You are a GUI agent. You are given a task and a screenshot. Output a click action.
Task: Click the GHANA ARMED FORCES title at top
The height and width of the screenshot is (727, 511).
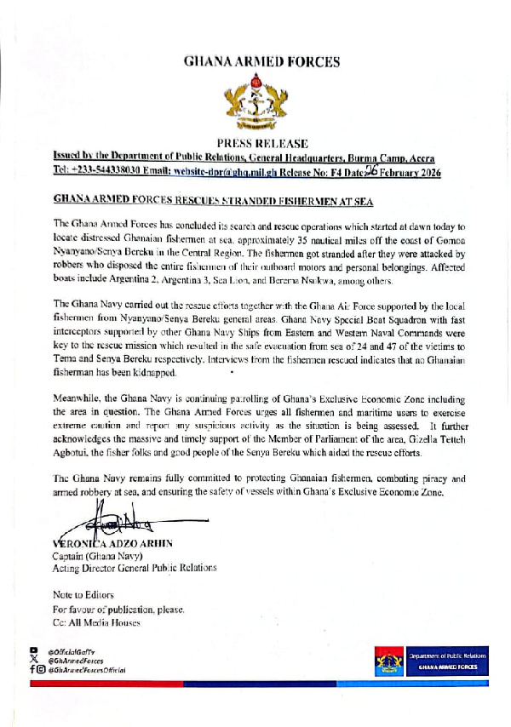click(261, 61)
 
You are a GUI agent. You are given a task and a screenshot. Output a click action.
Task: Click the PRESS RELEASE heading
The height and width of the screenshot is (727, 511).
click(261, 143)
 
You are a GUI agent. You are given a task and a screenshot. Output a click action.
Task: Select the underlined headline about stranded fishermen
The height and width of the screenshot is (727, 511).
click(213, 200)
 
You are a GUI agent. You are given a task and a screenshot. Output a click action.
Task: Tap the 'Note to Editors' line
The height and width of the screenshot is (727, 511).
click(83, 593)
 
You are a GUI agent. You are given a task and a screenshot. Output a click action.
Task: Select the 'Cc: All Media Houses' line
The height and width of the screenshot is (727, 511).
click(97, 623)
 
